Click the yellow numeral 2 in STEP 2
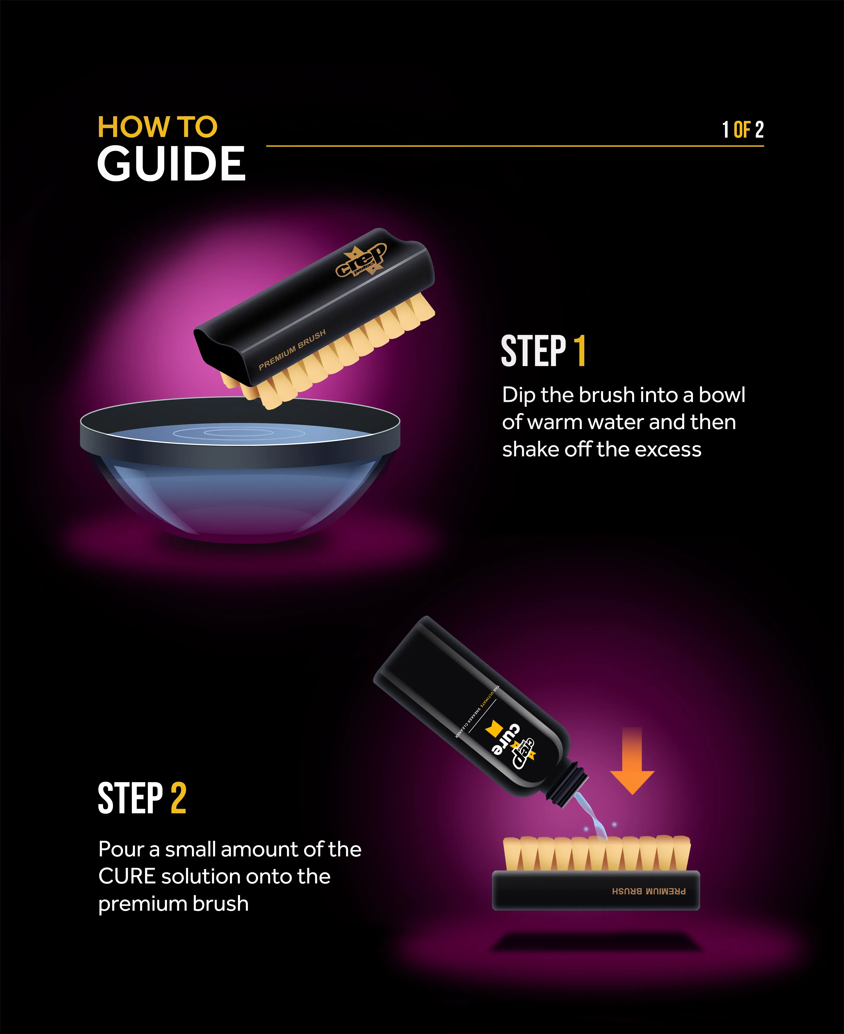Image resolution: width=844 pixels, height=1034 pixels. coord(178,798)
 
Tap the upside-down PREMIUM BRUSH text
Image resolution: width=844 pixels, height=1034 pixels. coord(649,891)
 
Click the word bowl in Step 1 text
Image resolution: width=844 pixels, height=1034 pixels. coord(722,395)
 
